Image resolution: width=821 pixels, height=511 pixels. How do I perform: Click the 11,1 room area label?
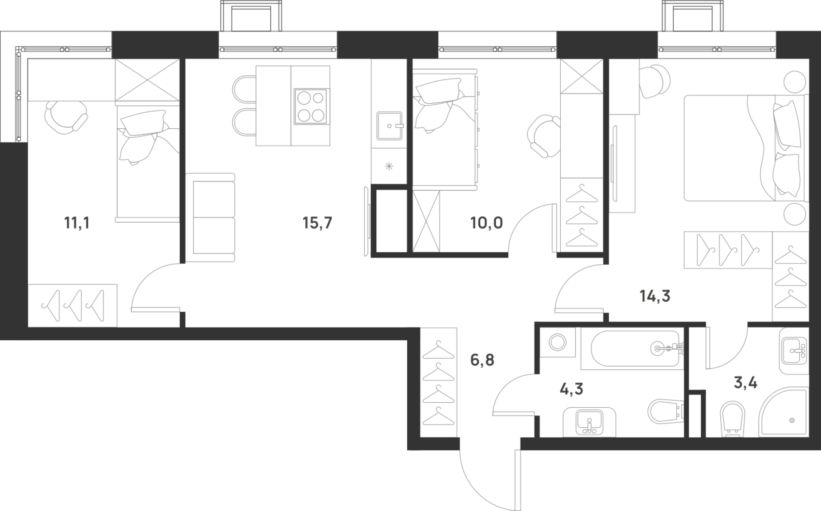point(76,224)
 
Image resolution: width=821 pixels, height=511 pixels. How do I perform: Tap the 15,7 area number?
point(317,224)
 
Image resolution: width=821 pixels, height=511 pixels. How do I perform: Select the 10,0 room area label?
point(486,224)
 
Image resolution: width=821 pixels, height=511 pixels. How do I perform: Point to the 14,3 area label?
point(655,296)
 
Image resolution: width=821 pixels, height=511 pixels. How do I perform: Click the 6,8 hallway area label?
point(482,360)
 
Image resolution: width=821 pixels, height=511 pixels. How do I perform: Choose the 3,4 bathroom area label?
point(745,383)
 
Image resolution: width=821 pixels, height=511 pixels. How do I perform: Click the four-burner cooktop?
point(310,107)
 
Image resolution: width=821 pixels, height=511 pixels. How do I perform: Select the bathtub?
point(632,348)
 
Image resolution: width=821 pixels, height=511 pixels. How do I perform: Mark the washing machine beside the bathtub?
point(557,342)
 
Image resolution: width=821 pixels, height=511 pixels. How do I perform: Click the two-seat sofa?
point(210,217)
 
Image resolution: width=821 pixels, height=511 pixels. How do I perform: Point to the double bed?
point(745,148)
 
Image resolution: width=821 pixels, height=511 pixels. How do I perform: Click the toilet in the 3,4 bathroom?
point(733,418)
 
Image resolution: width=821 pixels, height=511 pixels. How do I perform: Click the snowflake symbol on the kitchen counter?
point(388,167)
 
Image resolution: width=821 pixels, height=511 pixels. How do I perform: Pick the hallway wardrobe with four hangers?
point(438,382)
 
